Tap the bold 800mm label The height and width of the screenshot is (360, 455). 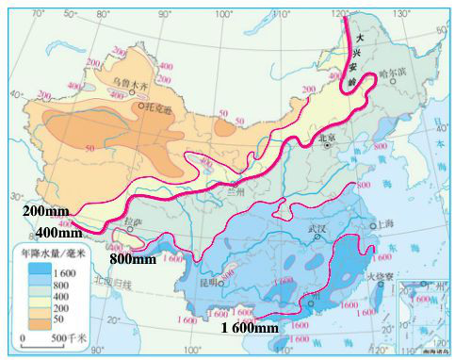pyautogui.click(x=132, y=258)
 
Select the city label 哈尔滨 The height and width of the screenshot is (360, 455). pyautogui.click(x=390, y=72)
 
